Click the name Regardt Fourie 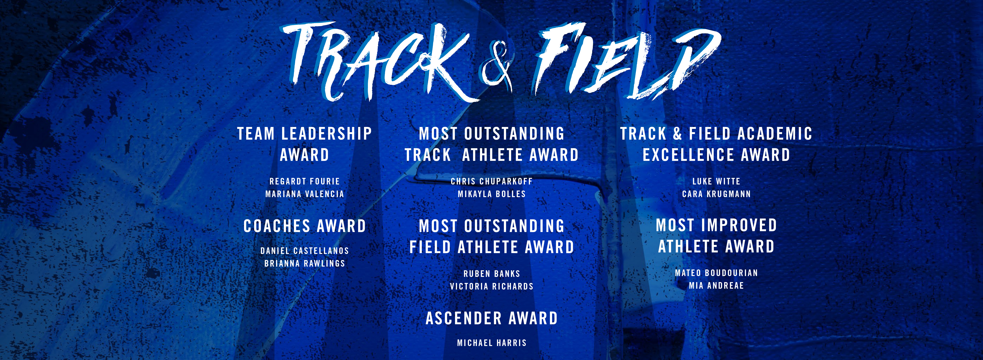(x=305, y=181)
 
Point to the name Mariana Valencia (x=305, y=194)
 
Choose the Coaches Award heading (x=305, y=226)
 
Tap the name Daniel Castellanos (x=305, y=251)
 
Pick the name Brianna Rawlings (x=305, y=263)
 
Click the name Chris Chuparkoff (x=491, y=181)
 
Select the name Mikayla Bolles (x=491, y=194)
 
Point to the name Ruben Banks (x=491, y=274)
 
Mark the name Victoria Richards (x=491, y=286)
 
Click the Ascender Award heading (x=491, y=318)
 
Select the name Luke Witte (x=716, y=181)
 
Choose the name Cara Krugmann (x=716, y=194)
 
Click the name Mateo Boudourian (x=716, y=273)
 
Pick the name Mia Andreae (x=716, y=286)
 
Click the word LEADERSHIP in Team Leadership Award (x=326, y=134)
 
